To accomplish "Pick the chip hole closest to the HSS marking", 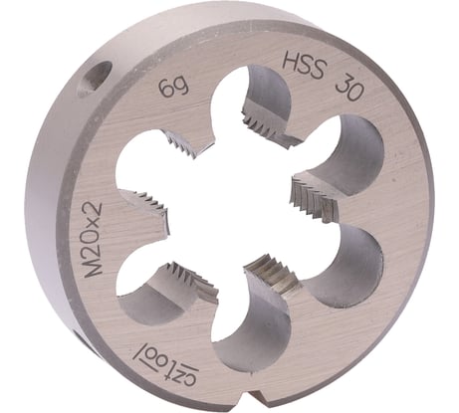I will [x=262, y=100].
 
